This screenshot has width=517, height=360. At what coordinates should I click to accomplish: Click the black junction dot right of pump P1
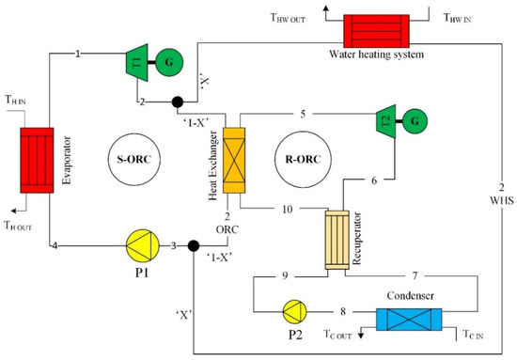pos(193,248)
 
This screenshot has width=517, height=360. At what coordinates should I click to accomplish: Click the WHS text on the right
pos(500,200)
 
